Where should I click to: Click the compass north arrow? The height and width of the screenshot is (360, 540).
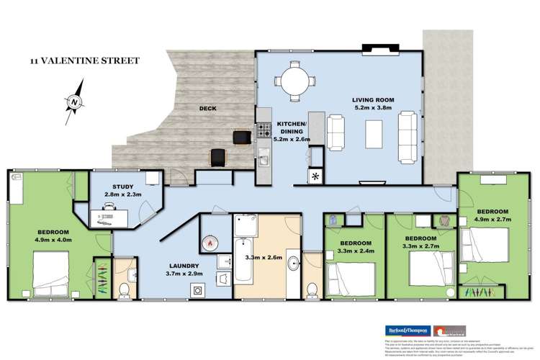coord(74,102)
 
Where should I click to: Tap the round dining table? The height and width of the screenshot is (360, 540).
coord(293,79)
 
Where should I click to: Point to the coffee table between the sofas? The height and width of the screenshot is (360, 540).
coord(374,133)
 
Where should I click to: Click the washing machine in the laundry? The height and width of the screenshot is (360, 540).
coord(196,289)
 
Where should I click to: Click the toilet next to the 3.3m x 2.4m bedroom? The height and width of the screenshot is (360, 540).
coord(312,289)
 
